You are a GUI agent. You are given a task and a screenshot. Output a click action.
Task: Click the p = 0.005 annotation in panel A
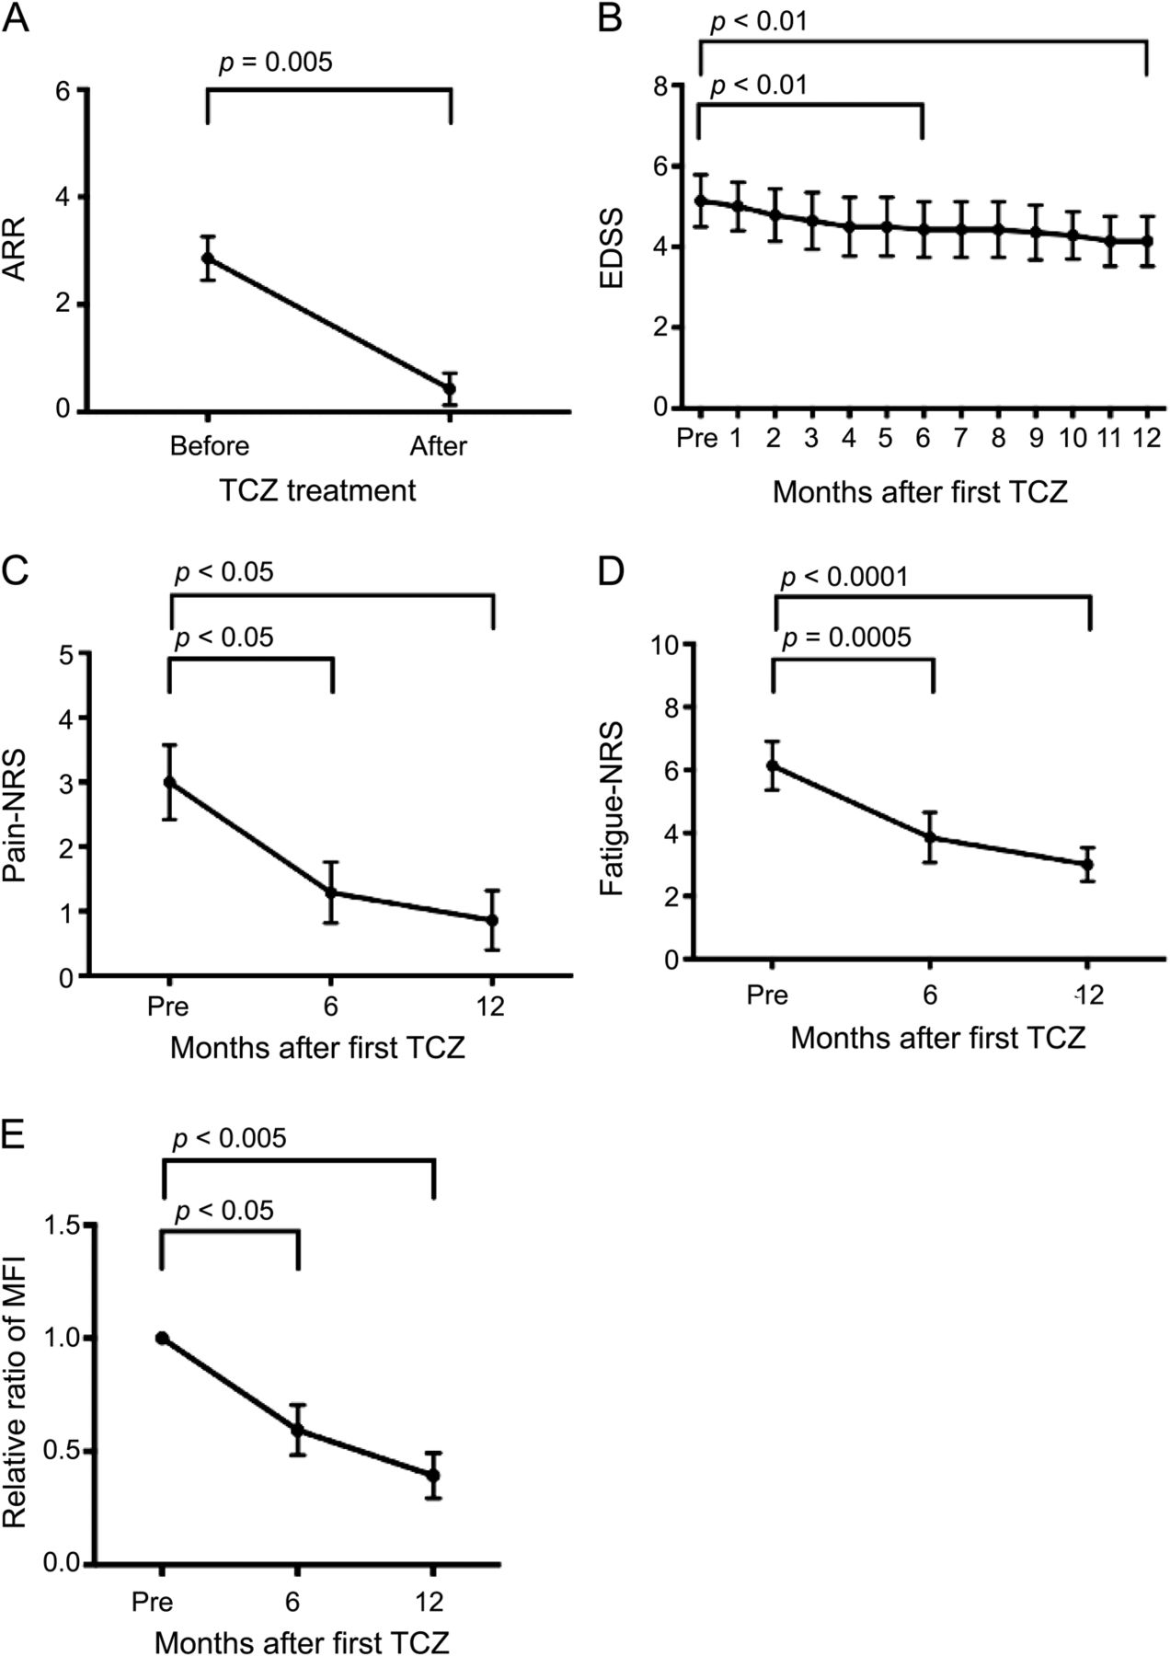(275, 63)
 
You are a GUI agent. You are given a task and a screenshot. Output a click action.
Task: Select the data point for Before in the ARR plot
(208, 259)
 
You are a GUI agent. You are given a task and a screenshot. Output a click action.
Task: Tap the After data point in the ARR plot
(450, 388)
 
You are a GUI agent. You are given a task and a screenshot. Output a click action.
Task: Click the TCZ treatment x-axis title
(317, 490)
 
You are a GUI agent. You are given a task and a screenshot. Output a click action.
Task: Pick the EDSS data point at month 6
(923, 229)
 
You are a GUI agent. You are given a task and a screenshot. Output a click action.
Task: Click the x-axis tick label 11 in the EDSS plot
(1110, 437)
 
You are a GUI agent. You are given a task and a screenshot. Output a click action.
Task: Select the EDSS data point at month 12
(1147, 241)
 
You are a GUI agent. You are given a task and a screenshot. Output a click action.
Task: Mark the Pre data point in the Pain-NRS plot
(169, 782)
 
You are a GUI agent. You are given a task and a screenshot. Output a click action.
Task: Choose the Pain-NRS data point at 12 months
(492, 920)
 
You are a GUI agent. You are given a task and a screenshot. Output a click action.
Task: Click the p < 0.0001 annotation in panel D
(844, 578)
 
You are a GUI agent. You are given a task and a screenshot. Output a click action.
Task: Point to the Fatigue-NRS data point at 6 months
(931, 837)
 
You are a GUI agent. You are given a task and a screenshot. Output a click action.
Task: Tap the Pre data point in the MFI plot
(163, 1338)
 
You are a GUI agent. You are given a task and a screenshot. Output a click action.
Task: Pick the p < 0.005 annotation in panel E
(230, 1138)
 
